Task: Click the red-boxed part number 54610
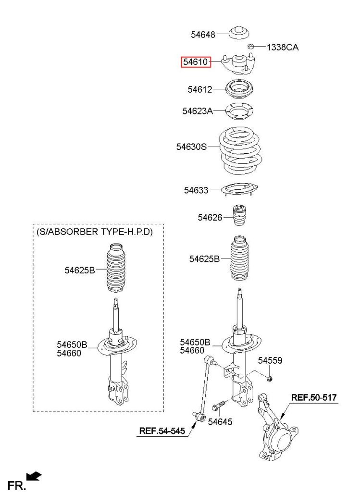196,62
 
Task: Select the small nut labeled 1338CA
250,47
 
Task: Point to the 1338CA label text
283,48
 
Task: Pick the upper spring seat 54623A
239,111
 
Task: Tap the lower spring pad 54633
239,190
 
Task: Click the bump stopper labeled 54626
239,215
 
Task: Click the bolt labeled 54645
219,406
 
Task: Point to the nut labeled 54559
270,379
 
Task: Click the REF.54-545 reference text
162,431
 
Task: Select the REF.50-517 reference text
314,397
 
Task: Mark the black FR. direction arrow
34,476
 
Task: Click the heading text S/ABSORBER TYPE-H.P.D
95,232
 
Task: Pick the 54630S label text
191,147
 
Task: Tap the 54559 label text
270,360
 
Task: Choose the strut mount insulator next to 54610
238,64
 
